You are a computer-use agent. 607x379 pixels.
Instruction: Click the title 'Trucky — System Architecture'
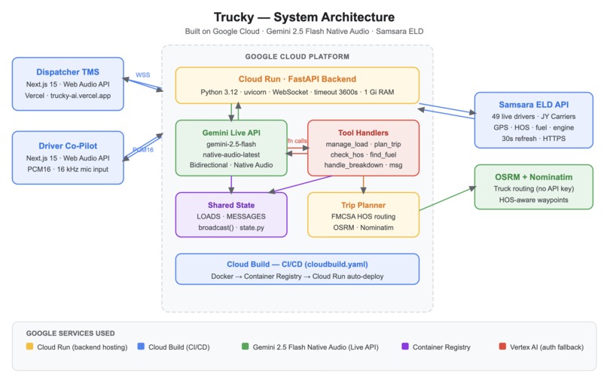pyautogui.click(x=303, y=17)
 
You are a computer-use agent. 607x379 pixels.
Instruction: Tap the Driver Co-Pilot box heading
pyautogui.click(x=67, y=145)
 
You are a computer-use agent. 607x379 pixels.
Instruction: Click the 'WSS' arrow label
pyautogui.click(x=143, y=75)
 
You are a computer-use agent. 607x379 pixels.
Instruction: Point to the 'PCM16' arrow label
pyautogui.click(x=143, y=149)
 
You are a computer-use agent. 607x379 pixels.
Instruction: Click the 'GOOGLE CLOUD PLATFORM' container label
pyautogui.click(x=297, y=57)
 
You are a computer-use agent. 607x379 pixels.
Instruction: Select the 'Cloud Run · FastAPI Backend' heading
pyautogui.click(x=297, y=78)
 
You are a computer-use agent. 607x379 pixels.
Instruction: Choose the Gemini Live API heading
pyautogui.click(x=231, y=132)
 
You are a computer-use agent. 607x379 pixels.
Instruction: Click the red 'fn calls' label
pyautogui.click(x=297, y=141)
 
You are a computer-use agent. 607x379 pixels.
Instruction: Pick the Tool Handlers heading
pyautogui.click(x=363, y=132)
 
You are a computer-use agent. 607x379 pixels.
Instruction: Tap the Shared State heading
pyautogui.click(x=231, y=203)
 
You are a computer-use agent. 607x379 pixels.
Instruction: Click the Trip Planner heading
pyautogui.click(x=363, y=203)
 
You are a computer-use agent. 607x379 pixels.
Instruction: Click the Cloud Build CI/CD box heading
pyautogui.click(x=297, y=264)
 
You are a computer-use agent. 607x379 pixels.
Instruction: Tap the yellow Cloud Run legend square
pyautogui.click(x=29, y=347)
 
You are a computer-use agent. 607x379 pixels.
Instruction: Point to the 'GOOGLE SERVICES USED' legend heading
pyautogui.click(x=70, y=332)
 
